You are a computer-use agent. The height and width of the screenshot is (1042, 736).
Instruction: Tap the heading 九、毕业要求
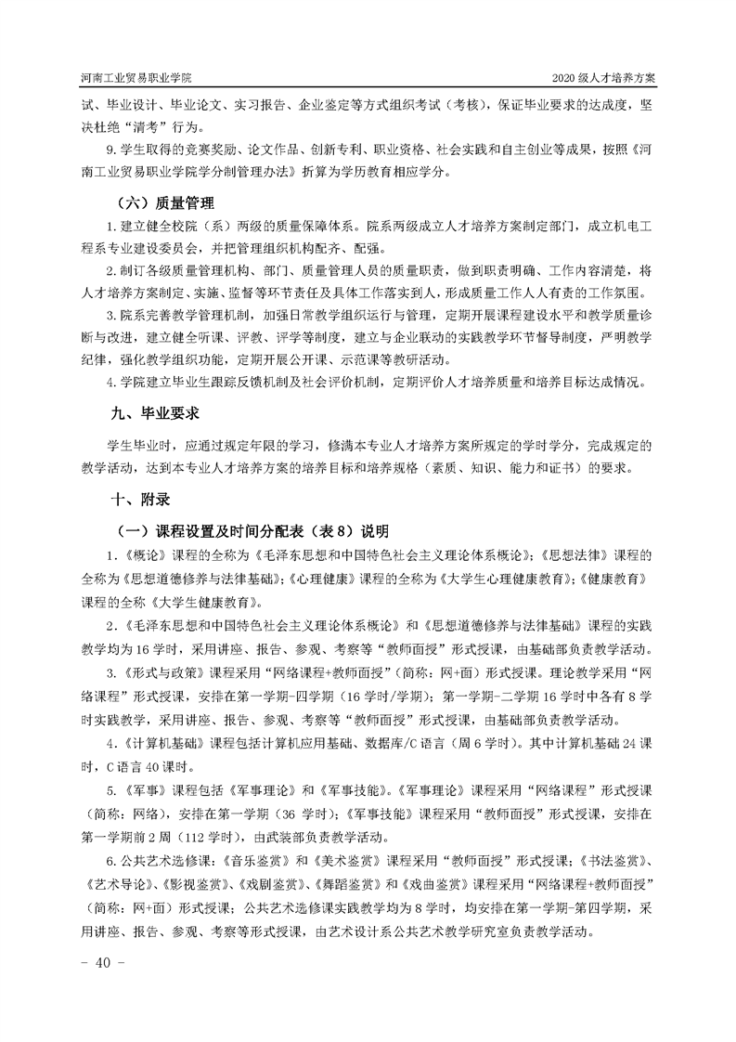156,410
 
